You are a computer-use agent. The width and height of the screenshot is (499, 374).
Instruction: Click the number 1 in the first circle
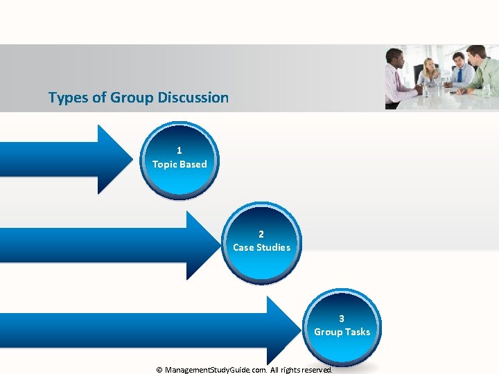(x=180, y=150)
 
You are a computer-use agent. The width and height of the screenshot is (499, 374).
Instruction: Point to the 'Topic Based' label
(x=180, y=164)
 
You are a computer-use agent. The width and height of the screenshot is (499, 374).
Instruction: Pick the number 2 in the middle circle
(x=261, y=234)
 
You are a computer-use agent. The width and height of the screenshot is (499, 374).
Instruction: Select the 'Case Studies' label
(x=261, y=247)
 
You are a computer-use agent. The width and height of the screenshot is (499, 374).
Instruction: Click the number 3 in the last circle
(x=342, y=319)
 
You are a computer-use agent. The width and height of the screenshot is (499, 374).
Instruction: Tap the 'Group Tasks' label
(x=342, y=332)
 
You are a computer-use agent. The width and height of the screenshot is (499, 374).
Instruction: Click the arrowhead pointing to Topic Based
(x=118, y=159)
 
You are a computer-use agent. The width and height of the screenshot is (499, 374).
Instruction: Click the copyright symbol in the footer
(x=159, y=370)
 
